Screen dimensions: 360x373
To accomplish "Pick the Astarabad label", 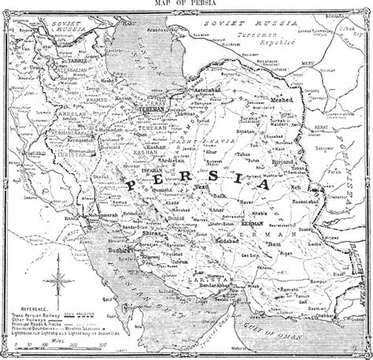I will (219, 91).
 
